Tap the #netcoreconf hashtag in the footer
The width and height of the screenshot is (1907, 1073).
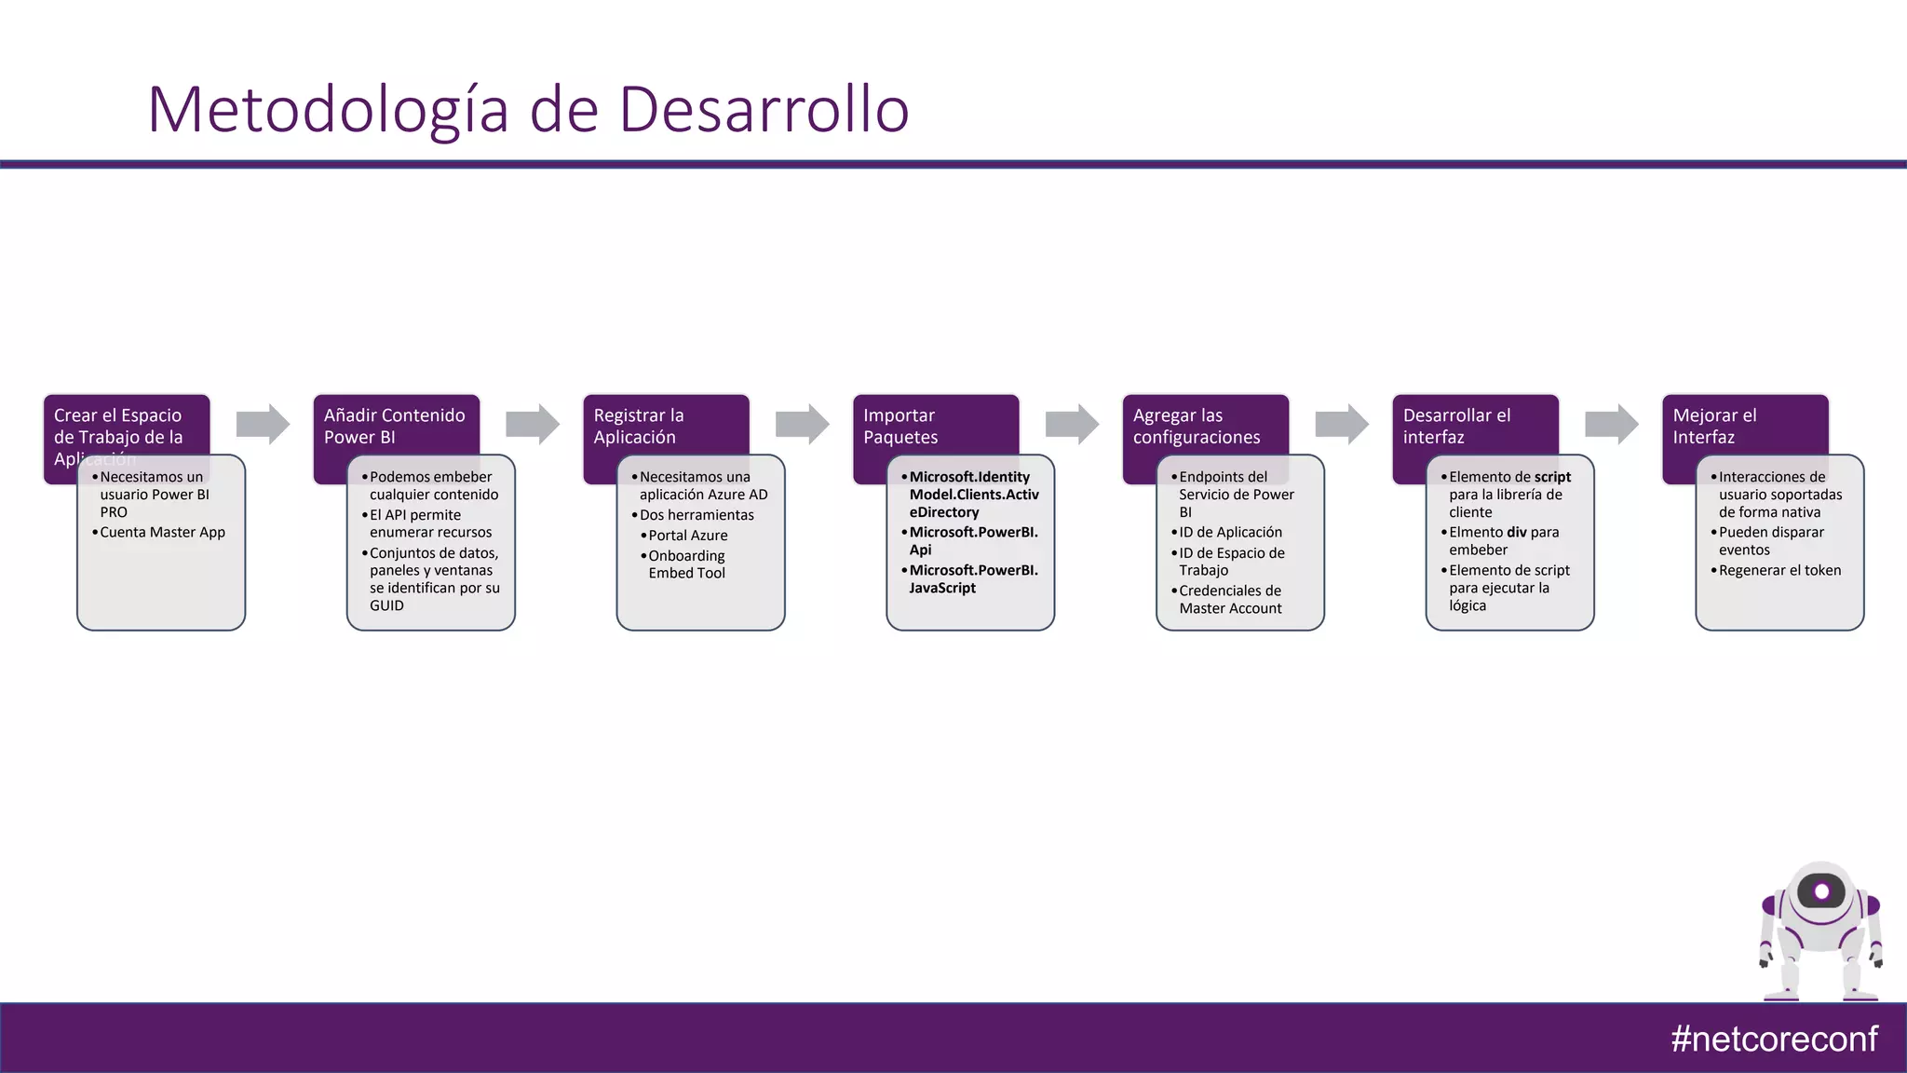[1774, 1039]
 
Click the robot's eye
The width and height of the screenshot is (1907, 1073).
[1821, 891]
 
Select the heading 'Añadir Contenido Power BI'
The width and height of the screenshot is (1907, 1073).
[395, 426]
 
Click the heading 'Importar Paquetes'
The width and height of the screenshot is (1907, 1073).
[900, 426]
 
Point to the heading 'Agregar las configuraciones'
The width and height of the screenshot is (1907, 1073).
[1197, 426]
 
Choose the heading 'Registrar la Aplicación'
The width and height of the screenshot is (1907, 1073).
[639, 426]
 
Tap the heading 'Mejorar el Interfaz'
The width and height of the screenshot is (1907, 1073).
[1714, 426]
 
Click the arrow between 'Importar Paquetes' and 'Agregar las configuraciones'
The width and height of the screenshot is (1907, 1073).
[1072, 424]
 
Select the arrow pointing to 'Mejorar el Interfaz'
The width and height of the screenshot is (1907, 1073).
[1611, 424]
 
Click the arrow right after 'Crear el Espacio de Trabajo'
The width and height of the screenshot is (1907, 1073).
[263, 424]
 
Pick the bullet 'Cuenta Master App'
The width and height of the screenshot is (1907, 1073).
[162, 532]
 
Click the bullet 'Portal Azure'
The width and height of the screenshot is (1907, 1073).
[688, 536]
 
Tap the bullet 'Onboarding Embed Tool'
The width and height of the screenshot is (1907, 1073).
[687, 564]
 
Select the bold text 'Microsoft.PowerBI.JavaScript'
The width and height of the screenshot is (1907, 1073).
[973, 578]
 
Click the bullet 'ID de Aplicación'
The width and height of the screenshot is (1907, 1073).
[1230, 532]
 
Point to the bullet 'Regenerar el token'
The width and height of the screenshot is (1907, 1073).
[1779, 570]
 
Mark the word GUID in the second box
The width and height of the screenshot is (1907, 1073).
[387, 605]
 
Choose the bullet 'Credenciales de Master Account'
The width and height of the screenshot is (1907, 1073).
[1230, 599]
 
